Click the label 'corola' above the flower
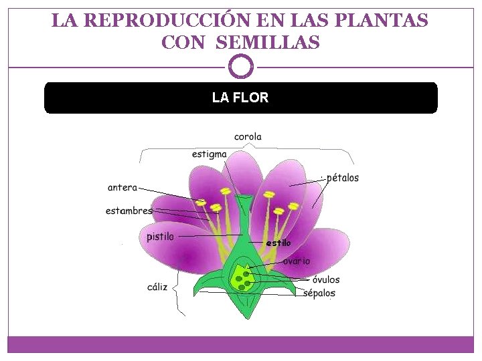(248, 137)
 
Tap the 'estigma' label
(209, 154)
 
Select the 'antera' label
(122, 188)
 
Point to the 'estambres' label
(129, 211)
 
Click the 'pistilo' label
(160, 236)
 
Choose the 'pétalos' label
(342, 178)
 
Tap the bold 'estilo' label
(278, 243)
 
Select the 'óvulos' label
(325, 279)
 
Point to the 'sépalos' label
(319, 293)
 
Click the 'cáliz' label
(157, 287)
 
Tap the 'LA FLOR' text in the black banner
(240, 98)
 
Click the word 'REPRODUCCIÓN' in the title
(157, 21)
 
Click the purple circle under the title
(241, 67)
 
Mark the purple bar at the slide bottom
(241, 344)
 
